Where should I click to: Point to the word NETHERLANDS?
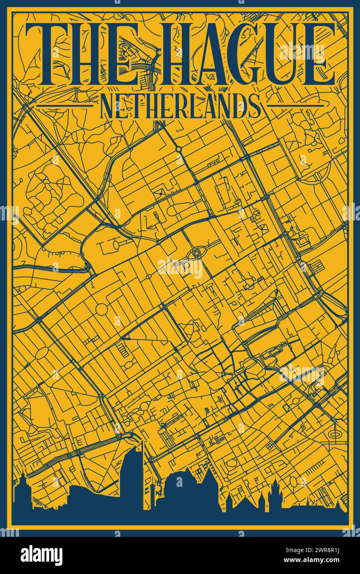[x=180, y=106]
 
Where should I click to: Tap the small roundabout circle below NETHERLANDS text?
[x=178, y=149]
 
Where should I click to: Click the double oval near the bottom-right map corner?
[x=335, y=434]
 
